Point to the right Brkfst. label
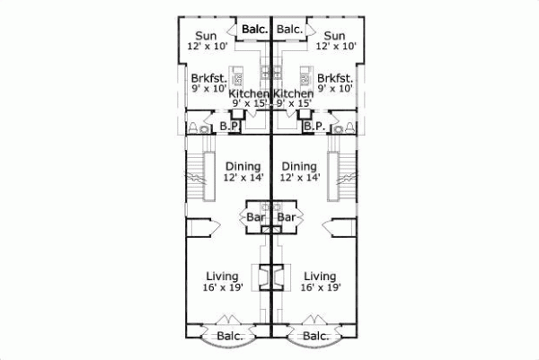[333, 77]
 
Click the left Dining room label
[243, 166]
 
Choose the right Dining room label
[299, 166]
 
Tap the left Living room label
[220, 276]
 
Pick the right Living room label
[320, 276]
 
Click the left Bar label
[256, 217]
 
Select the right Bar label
[286, 217]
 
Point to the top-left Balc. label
[253, 30]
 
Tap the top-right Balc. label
[289, 30]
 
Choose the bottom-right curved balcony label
[314, 337]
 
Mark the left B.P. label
[229, 127]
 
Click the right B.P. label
[313, 127]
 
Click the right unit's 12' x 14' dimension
[299, 179]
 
